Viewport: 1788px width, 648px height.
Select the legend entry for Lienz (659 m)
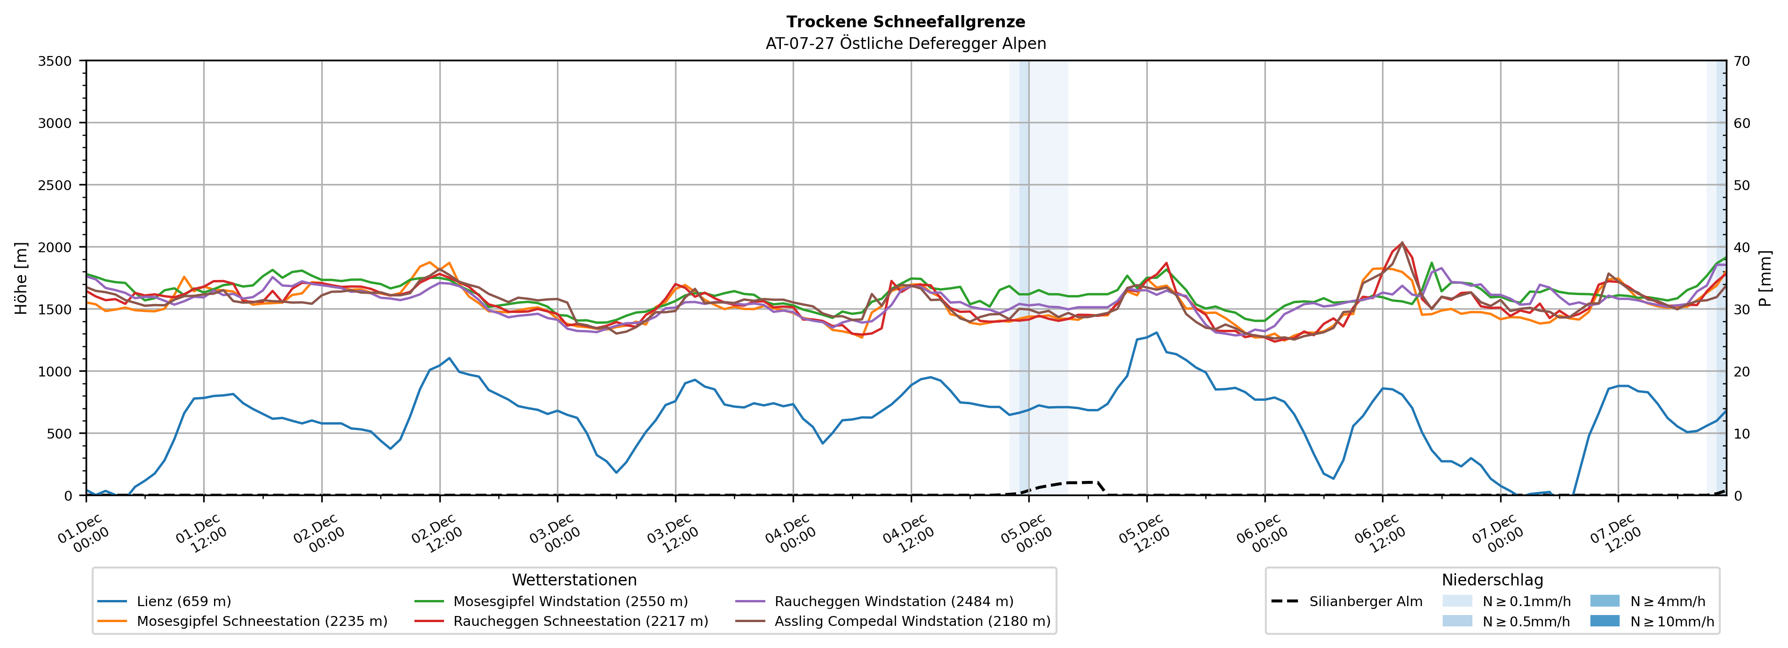183,601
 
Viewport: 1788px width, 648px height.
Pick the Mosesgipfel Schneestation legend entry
262,621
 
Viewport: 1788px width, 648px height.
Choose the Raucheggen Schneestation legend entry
580,621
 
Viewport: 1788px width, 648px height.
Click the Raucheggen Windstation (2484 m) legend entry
893,601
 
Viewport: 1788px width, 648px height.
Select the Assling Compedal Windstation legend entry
912,621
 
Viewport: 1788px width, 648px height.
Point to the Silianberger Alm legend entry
1365,601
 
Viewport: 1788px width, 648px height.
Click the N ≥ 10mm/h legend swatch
1605,621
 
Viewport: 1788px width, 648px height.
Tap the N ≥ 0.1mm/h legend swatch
1457,601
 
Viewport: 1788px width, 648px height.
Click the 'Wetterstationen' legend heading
574,580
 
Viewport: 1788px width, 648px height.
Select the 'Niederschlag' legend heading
1492,580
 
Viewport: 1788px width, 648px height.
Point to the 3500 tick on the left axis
55,61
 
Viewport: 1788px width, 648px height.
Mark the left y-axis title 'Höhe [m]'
22,278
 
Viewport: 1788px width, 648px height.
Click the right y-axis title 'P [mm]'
1765,278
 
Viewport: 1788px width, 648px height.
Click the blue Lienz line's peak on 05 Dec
1156,333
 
